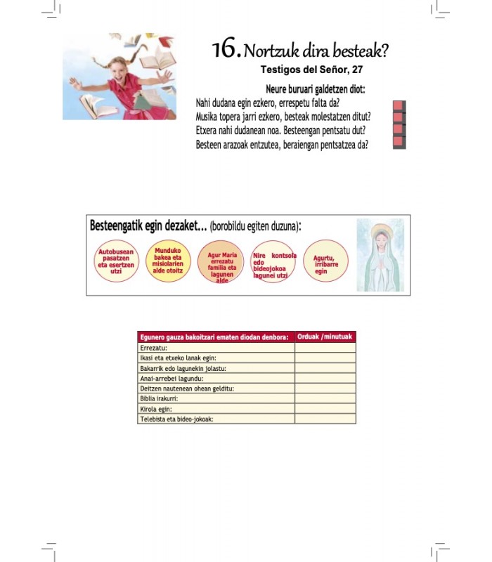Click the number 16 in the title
(x=226, y=49)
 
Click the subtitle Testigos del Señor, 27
(x=311, y=70)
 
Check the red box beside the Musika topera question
(x=399, y=117)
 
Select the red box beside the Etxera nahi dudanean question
(x=399, y=130)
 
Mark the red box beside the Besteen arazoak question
(x=399, y=142)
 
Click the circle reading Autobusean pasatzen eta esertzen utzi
(x=117, y=261)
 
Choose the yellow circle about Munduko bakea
(x=168, y=261)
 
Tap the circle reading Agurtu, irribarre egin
(x=325, y=261)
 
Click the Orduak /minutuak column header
(x=325, y=336)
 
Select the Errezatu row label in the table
(x=154, y=348)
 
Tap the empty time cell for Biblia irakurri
(x=325, y=398)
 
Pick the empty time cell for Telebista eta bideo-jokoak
(x=325, y=419)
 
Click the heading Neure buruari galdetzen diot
(x=316, y=89)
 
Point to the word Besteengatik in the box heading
(x=116, y=226)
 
